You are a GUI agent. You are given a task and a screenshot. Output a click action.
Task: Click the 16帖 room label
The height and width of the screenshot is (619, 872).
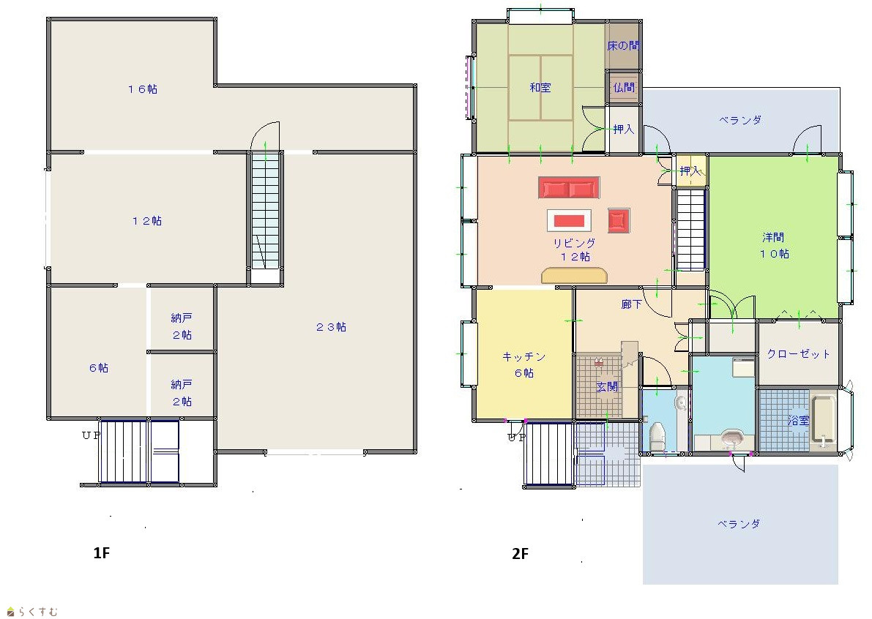[x=142, y=89]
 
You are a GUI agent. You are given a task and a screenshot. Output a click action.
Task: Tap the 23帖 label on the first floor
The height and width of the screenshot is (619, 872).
[x=331, y=327]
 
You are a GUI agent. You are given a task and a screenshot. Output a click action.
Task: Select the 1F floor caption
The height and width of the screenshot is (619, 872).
[x=101, y=553]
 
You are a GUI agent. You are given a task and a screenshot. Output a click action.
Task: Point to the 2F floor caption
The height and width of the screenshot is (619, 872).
[x=520, y=553]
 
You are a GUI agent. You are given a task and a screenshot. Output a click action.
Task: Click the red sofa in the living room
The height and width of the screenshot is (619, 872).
[x=569, y=188]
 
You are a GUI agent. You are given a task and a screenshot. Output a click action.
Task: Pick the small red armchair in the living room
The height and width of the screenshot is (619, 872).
[x=619, y=220]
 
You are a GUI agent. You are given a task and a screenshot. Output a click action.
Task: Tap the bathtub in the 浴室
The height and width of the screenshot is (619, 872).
[x=823, y=421]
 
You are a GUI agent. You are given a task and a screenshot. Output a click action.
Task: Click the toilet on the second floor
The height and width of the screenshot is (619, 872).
[x=657, y=437]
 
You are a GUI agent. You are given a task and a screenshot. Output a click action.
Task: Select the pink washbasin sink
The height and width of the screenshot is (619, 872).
[x=733, y=438]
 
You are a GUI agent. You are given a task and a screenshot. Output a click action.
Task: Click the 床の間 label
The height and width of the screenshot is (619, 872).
[x=623, y=45]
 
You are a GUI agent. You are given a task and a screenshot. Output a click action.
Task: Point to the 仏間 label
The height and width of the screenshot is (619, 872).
[x=624, y=87]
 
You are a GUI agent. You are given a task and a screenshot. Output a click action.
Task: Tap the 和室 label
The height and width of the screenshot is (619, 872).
[x=540, y=87]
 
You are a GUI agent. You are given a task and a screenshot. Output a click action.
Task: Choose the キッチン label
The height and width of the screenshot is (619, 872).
[x=524, y=356]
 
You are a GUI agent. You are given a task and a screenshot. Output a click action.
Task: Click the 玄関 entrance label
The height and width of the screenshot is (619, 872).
[x=607, y=386]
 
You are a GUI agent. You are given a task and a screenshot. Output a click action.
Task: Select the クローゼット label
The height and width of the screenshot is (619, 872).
[x=798, y=354]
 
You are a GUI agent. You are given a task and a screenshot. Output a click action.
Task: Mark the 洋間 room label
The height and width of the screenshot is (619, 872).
[x=773, y=237]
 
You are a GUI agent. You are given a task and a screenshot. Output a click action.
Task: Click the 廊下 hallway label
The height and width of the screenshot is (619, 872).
[x=631, y=304]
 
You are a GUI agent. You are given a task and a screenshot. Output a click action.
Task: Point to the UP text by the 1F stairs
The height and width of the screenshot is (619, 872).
[x=92, y=435]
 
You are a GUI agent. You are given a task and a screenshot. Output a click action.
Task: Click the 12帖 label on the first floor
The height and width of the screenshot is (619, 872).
[x=147, y=220]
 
